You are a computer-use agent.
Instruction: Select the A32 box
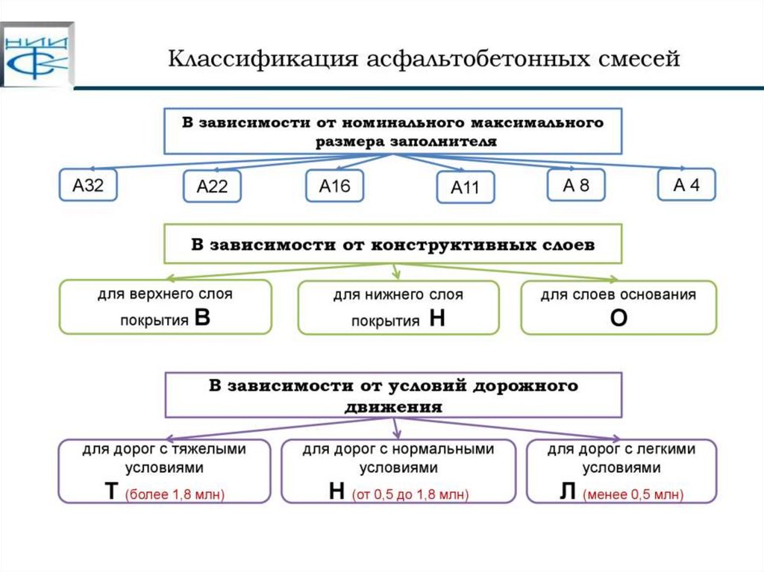(87, 186)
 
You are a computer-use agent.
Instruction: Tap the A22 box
(212, 187)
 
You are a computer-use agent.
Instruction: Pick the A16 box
(334, 186)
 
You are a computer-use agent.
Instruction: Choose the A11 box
(466, 187)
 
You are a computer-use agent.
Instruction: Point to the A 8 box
(575, 185)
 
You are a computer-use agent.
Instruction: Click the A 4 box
(686, 185)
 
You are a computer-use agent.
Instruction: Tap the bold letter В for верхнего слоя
(201, 318)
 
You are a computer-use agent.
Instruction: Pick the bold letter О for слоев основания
(619, 318)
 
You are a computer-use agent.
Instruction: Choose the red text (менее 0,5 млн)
(633, 494)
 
